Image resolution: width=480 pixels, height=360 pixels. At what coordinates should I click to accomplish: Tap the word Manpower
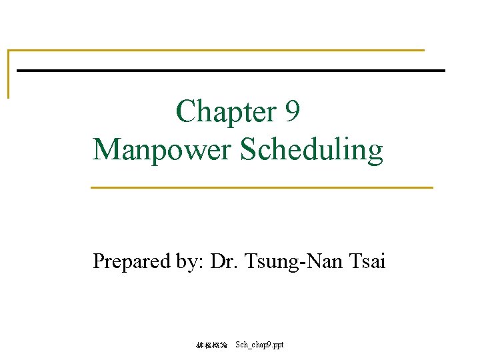(x=163, y=149)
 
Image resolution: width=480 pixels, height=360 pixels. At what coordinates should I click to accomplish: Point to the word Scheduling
(x=311, y=151)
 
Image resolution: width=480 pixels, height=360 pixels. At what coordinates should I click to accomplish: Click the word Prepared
(x=131, y=261)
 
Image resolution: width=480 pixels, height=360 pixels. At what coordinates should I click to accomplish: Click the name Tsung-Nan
(x=293, y=261)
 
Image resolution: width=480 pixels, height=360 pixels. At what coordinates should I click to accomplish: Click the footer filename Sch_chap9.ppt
(x=259, y=345)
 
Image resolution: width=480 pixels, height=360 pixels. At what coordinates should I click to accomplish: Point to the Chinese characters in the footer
(x=211, y=345)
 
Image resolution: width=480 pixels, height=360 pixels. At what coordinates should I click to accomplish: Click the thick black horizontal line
(x=230, y=70)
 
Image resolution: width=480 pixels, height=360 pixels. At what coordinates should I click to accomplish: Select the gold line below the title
(x=261, y=187)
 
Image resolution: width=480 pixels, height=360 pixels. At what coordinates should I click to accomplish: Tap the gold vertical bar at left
(x=9, y=74)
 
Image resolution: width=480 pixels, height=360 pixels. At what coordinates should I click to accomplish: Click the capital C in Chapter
(x=184, y=111)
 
